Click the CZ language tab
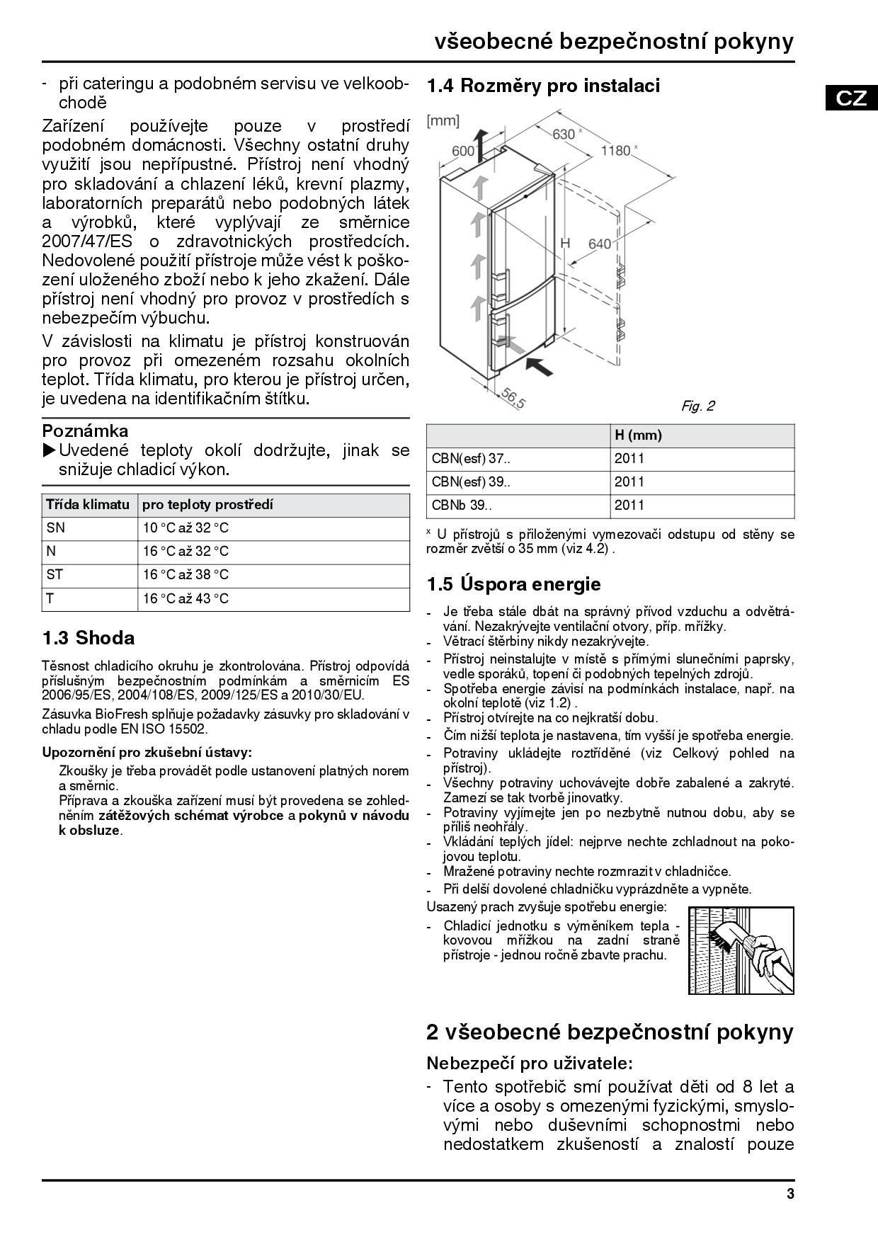(850, 97)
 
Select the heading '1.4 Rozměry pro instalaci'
(543, 86)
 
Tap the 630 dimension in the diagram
(564, 134)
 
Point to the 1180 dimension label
(615, 150)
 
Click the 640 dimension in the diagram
(599, 244)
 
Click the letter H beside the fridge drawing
(565, 243)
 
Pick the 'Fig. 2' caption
(697, 406)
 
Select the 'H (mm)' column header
(638, 435)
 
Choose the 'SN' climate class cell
(55, 528)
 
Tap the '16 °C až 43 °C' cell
(186, 598)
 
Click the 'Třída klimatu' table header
(88, 505)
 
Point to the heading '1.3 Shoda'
(89, 638)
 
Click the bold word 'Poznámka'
(86, 431)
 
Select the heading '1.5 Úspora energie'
(513, 584)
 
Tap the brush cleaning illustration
(741, 950)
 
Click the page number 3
(789, 1194)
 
